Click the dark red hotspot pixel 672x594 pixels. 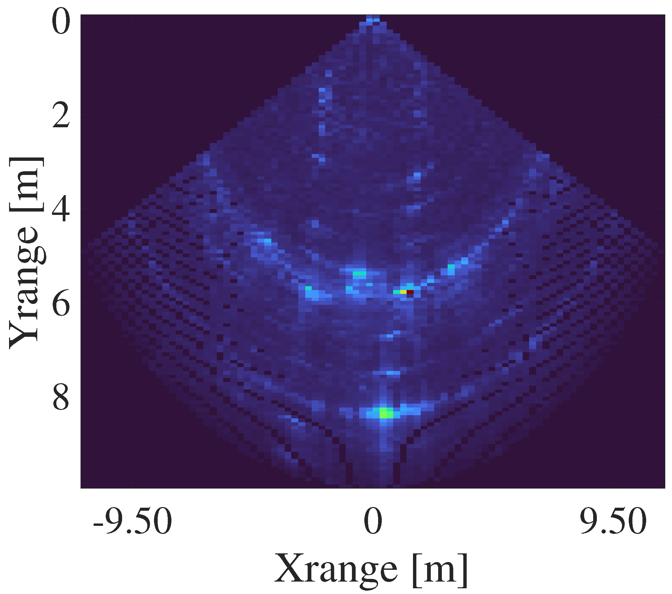410,292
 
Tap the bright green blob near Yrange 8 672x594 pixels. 386,412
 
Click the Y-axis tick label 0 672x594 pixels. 61,21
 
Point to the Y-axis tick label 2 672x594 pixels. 61,115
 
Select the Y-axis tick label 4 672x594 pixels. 61,209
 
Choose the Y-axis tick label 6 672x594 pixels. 61,303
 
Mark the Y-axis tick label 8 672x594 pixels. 61,397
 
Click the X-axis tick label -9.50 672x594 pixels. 133,521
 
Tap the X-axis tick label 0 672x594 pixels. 373,521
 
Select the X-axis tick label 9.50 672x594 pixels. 613,521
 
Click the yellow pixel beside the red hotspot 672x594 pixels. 403,292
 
